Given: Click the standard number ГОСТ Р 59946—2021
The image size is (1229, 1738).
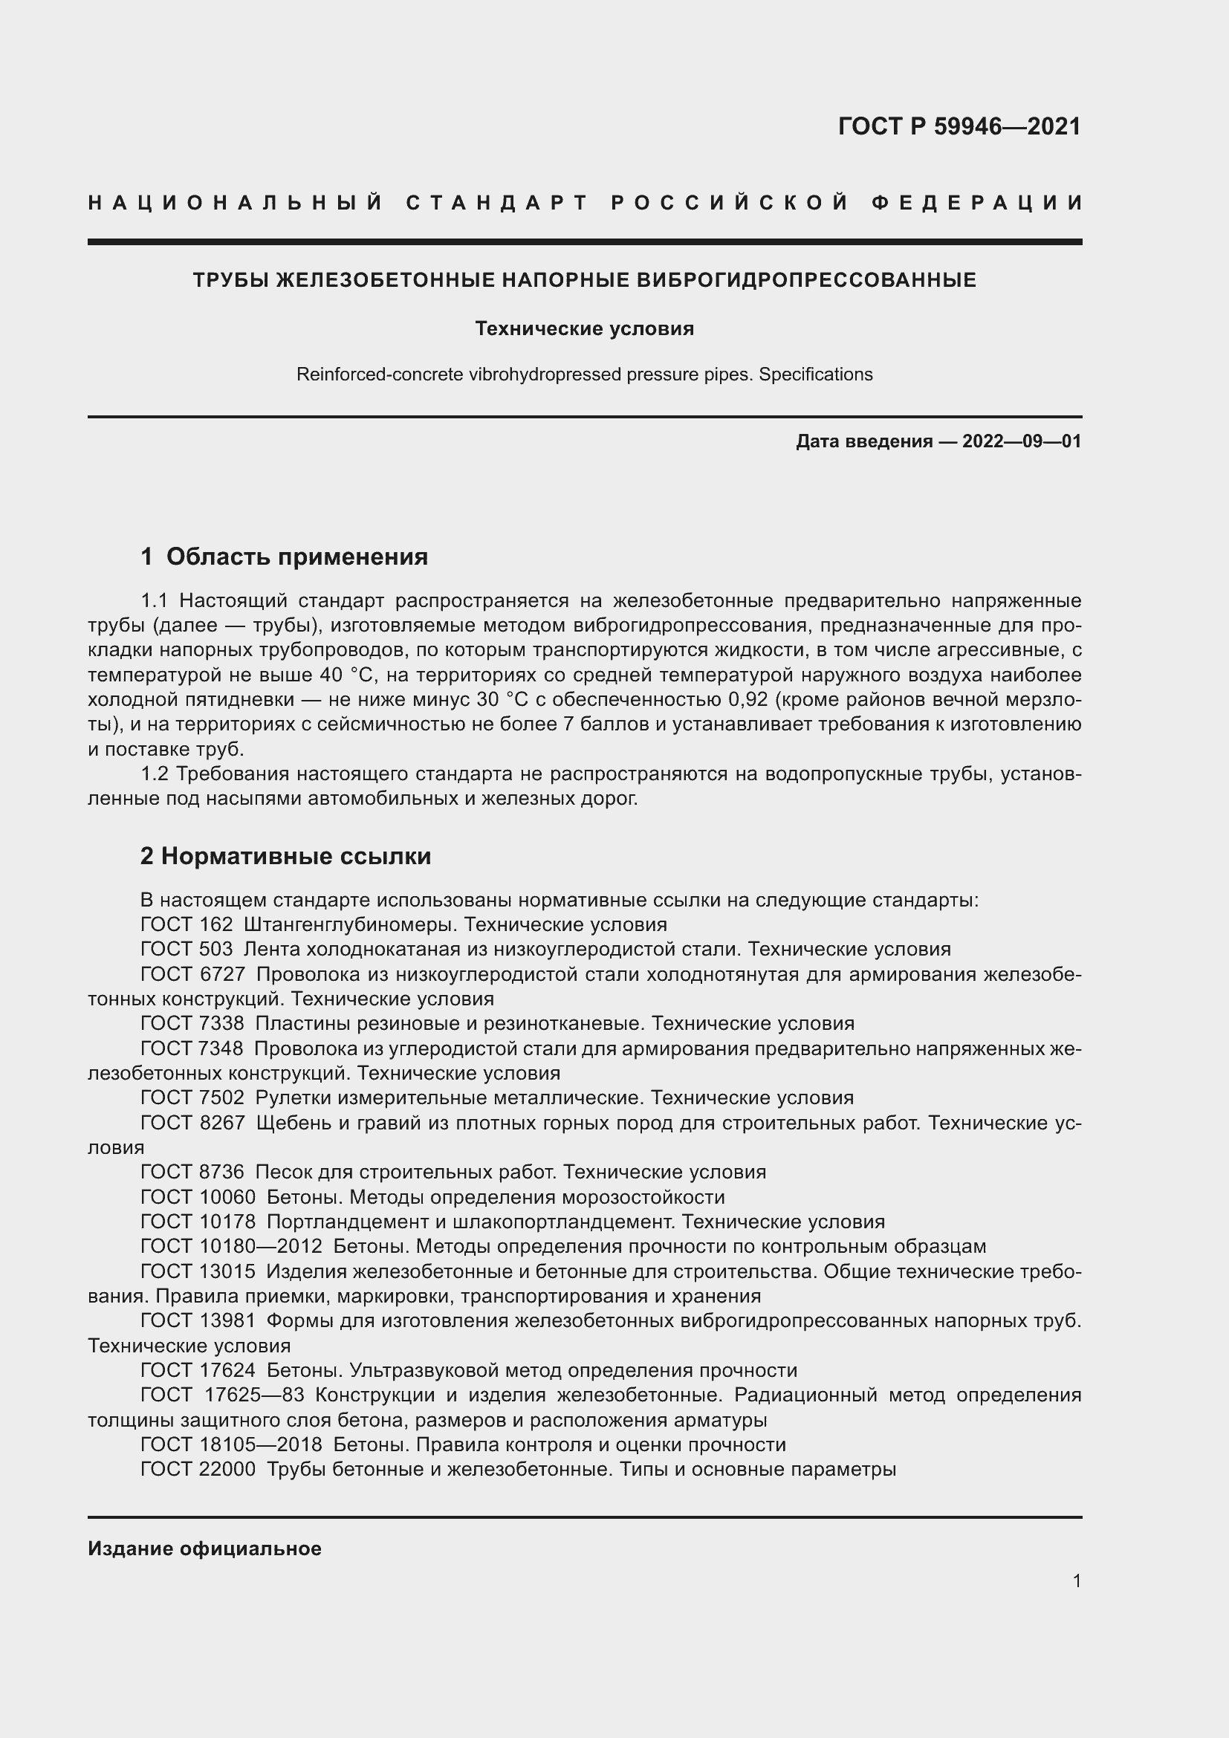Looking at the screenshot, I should (x=959, y=126).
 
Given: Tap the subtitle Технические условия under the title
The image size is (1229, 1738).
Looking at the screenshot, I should (x=584, y=328).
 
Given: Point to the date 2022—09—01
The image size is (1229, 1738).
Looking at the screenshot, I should (x=1021, y=441).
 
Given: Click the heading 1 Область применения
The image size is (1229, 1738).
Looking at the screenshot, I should (x=284, y=557).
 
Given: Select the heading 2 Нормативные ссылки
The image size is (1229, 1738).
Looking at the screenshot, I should (x=285, y=856).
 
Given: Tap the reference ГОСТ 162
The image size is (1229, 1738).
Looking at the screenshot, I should (x=187, y=925).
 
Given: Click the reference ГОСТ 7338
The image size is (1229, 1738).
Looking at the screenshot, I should (x=192, y=1024).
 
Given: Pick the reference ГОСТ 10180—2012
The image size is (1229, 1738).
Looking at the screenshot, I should (x=231, y=1247).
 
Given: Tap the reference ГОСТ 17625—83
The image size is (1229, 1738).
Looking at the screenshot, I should (x=221, y=1395).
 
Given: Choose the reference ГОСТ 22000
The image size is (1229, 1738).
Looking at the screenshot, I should (x=198, y=1469).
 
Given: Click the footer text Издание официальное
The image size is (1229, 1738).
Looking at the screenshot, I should (x=204, y=1549).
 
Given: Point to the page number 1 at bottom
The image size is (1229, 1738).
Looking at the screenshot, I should (x=1076, y=1580).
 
